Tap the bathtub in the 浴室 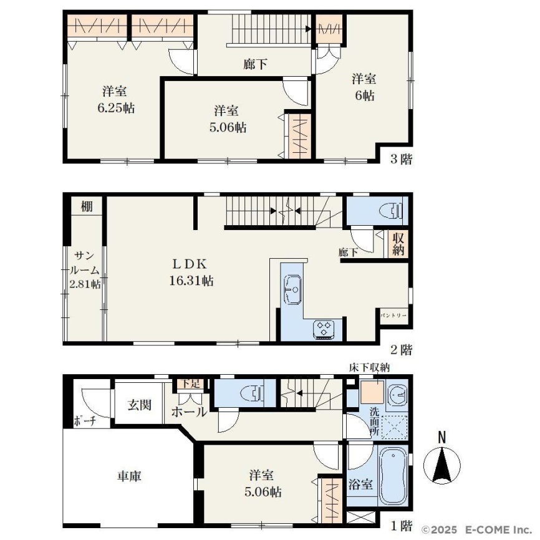[393, 476]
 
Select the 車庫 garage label [129, 476]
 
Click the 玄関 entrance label [139, 405]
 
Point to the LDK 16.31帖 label [191, 272]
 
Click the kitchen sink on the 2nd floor [292, 289]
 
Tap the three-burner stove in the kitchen [324, 329]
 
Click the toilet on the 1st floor [253, 393]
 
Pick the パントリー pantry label [393, 316]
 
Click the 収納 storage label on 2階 [398, 243]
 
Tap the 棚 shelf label [87, 206]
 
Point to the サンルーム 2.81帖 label [85, 270]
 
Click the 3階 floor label [401, 159]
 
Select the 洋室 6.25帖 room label [116, 100]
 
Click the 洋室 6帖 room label [364, 87]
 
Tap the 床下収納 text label [369, 367]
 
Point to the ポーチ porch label [85, 421]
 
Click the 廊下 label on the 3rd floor [255, 64]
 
